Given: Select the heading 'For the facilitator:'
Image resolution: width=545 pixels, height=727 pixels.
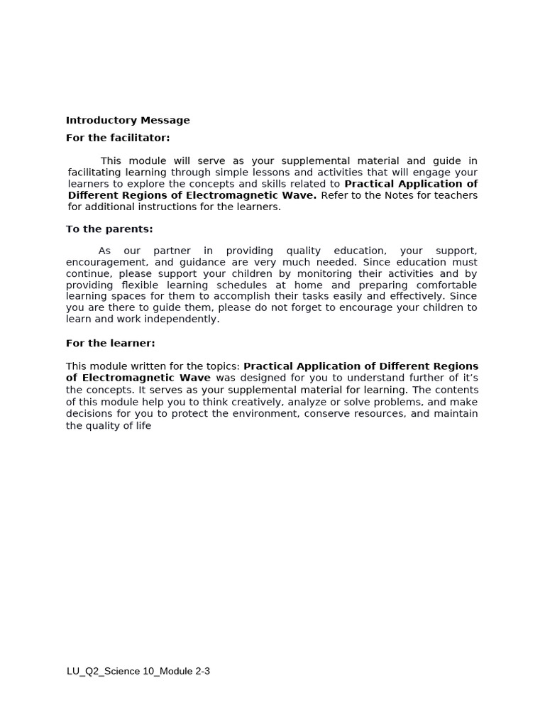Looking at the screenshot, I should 118,138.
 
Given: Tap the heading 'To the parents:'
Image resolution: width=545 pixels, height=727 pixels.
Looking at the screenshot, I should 109,229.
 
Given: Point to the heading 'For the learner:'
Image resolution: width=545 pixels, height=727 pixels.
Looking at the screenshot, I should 110,344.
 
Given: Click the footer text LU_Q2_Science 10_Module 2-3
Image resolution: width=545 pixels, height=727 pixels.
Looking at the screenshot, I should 138,671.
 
